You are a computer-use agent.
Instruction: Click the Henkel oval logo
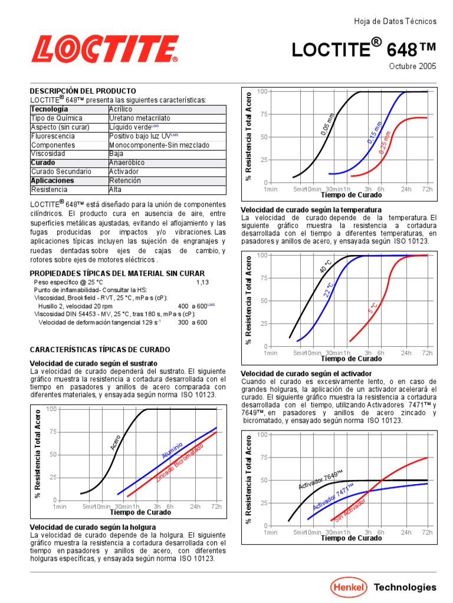(x=348, y=587)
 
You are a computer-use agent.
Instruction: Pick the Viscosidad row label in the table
(x=48, y=154)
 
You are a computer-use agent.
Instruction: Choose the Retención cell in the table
(x=125, y=181)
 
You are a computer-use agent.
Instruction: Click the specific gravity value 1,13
(x=202, y=282)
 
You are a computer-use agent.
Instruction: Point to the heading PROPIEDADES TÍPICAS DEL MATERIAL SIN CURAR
(x=117, y=273)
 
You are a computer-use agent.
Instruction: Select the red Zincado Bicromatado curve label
(x=179, y=463)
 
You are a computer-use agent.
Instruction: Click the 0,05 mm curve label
(x=327, y=124)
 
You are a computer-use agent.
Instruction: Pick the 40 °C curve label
(x=326, y=266)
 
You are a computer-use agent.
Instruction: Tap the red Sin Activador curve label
(x=350, y=510)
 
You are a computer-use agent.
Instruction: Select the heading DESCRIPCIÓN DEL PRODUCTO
(x=83, y=91)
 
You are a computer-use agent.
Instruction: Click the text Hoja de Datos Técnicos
(x=395, y=21)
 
